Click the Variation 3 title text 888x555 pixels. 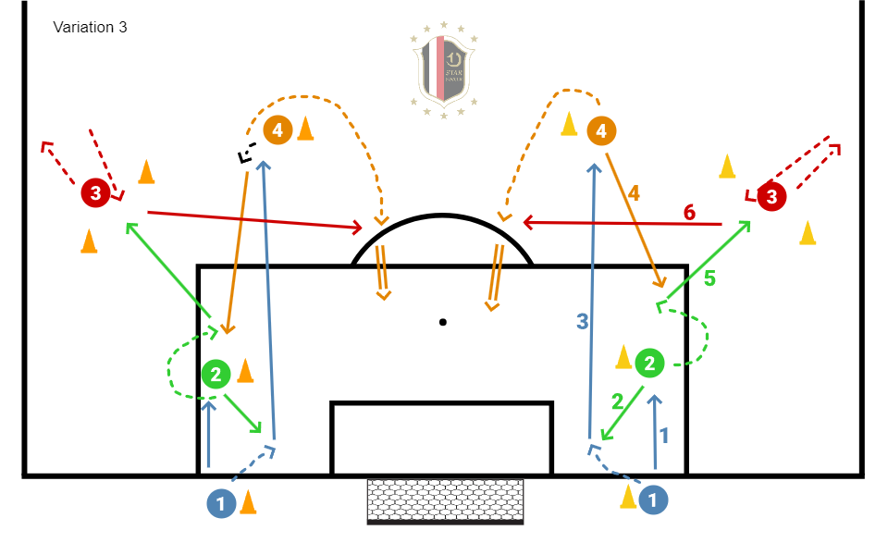[x=90, y=27]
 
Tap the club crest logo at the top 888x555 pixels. [x=444, y=70]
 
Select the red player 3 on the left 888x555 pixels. [x=95, y=193]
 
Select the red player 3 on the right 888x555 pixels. [x=771, y=196]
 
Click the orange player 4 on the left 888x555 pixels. [x=277, y=130]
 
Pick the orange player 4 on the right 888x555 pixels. [x=601, y=131]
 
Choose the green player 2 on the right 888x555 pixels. [x=650, y=364]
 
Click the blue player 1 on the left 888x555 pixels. [x=221, y=503]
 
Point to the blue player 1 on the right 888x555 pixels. [x=654, y=499]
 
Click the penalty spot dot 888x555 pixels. [x=443, y=322]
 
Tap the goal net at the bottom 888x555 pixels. [x=445, y=499]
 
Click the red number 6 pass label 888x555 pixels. [x=689, y=213]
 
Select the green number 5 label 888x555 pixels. [x=709, y=277]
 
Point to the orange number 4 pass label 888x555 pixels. [x=634, y=193]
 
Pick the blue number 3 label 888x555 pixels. [x=582, y=322]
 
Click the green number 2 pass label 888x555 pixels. [x=618, y=401]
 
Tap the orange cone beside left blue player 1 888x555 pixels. [x=248, y=502]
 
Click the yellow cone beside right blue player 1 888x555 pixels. [x=628, y=498]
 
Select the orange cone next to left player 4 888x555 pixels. [x=305, y=129]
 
